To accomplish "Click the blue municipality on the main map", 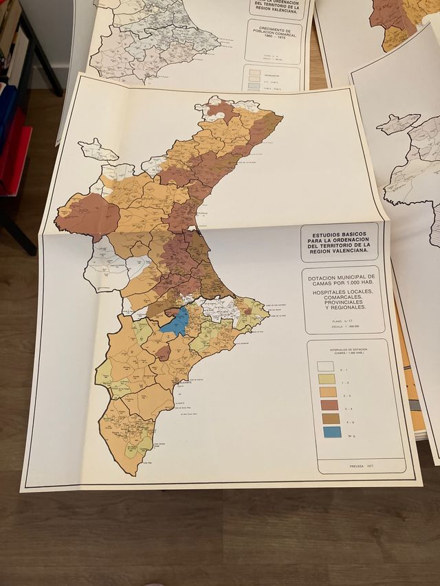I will [179, 322].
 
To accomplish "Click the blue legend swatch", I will [332, 432].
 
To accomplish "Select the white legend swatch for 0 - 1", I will [326, 367].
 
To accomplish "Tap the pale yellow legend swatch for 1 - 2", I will [327, 379].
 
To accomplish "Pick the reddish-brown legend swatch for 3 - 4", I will [329, 405].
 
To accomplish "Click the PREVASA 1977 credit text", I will [366, 466].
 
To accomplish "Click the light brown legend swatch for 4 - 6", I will [331, 418].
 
